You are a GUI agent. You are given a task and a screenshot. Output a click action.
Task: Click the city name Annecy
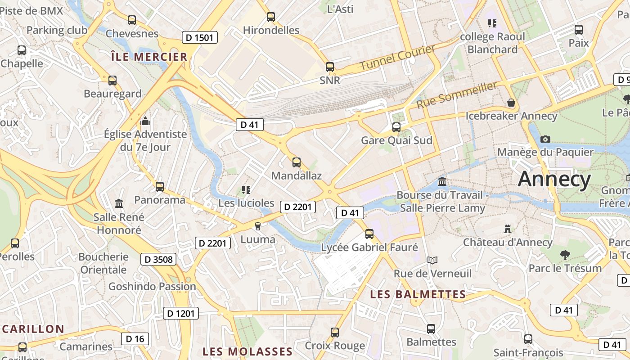coord(554,179)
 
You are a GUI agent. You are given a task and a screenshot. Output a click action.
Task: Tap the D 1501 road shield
coord(199,37)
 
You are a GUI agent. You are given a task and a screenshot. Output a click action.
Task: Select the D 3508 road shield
coord(158,259)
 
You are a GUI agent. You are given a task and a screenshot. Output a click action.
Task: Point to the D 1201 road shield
coord(180,313)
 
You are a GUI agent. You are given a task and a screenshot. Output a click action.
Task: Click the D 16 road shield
coord(135,339)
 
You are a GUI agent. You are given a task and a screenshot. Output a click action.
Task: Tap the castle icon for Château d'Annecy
coord(508,229)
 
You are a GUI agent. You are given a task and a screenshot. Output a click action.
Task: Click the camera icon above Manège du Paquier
coord(545,139)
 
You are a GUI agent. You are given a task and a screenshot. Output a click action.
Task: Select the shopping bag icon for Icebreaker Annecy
coord(511,103)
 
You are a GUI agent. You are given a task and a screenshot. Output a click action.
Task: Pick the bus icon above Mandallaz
coord(296,162)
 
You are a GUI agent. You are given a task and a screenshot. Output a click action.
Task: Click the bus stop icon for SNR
coord(330,67)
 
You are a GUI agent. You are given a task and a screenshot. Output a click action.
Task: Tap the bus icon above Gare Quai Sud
coord(396,127)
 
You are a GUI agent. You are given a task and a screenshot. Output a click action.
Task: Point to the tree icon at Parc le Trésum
coord(565,255)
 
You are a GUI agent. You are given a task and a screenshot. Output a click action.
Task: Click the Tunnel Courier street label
coord(397,57)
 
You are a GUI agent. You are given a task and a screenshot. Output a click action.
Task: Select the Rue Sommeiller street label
coord(457,95)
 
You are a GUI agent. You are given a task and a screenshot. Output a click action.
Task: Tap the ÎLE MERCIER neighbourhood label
coord(149,57)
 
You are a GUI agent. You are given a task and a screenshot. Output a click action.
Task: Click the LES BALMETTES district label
coord(418,294)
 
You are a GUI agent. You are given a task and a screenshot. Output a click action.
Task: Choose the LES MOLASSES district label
coord(247,351)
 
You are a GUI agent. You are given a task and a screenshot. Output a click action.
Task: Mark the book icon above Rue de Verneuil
coord(432,260)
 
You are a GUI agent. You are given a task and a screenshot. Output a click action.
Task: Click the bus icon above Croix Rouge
coord(334,332)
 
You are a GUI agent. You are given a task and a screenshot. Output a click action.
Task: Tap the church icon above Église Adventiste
coord(145,121)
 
